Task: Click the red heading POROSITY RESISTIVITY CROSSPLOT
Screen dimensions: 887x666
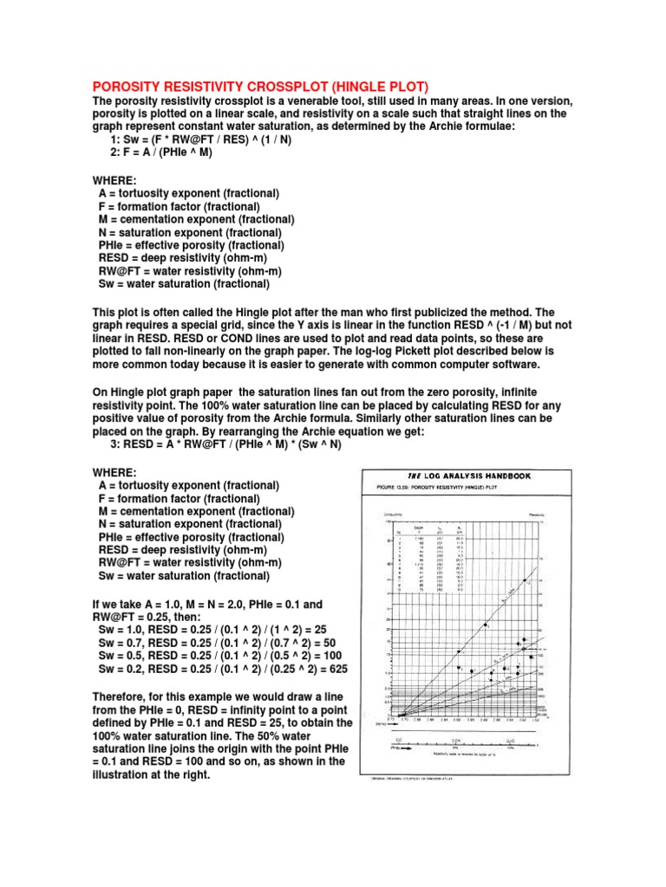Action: (260, 86)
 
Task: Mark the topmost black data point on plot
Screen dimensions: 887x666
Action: (526, 580)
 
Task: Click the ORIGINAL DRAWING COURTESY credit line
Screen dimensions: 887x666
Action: (416, 779)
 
